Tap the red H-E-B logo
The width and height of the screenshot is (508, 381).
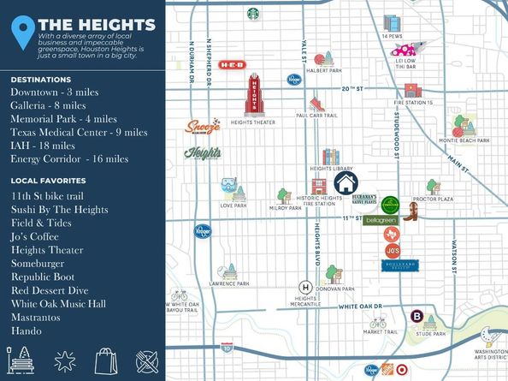click(x=232, y=64)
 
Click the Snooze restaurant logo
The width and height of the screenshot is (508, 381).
click(x=203, y=128)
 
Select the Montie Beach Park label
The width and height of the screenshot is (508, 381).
click(x=464, y=140)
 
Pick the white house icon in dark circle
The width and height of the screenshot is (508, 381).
click(x=346, y=183)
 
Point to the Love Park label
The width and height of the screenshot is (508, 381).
click(x=233, y=205)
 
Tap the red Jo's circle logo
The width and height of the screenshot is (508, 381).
click(x=393, y=250)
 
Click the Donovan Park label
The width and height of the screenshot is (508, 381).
click(x=329, y=289)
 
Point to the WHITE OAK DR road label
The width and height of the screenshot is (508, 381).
click(x=370, y=306)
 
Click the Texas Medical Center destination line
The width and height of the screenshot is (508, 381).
click(x=79, y=133)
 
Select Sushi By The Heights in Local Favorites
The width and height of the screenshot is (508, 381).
click(x=59, y=210)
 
